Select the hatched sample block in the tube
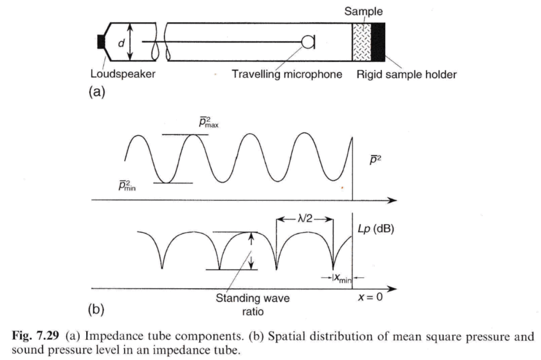tap(362, 42)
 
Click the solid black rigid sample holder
tap(379, 42)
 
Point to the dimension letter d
tap(121, 42)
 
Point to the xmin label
tap(342, 276)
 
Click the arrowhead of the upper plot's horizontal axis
tap(392, 200)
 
